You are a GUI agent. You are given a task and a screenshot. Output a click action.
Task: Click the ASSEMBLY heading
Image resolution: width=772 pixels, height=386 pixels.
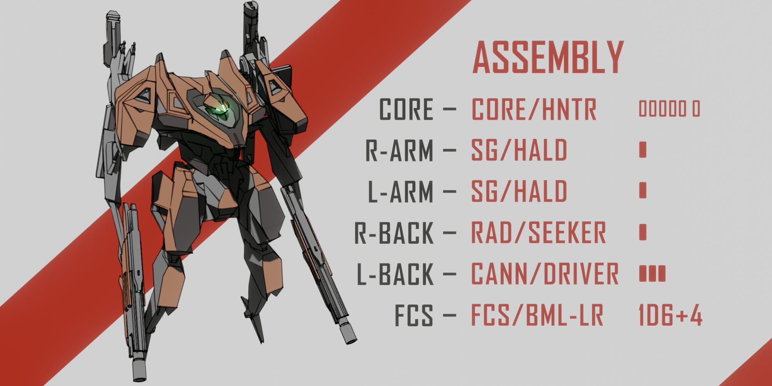(548, 58)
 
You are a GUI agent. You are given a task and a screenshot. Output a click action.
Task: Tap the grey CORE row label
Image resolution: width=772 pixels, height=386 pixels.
(406, 109)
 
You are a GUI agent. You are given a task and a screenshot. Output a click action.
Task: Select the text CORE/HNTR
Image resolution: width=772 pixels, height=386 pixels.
(534, 109)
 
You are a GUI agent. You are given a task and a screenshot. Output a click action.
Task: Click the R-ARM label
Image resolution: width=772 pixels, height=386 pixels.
(399, 151)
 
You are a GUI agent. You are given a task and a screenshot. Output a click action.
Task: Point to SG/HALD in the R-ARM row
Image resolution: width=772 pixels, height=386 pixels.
(519, 151)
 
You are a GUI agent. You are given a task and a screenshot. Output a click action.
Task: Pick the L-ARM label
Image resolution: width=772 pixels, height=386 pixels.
(400, 192)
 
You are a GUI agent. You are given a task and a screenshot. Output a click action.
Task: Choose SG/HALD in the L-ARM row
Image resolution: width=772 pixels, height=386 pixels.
(519, 192)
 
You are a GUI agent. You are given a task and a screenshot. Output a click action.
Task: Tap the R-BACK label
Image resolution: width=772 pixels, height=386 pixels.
(394, 233)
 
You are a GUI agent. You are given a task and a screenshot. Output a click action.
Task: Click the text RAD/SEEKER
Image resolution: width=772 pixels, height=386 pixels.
(538, 233)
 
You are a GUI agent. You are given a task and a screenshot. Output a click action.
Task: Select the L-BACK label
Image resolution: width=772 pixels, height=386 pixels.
(395, 274)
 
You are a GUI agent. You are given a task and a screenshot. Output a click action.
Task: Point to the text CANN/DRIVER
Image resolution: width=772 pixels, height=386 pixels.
(545, 274)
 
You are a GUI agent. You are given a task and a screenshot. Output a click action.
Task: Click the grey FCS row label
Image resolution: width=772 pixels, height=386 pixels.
(413, 316)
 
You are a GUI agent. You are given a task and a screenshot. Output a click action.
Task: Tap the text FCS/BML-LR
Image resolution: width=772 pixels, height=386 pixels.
(537, 316)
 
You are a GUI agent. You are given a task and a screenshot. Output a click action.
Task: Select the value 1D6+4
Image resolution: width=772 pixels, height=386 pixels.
(670, 316)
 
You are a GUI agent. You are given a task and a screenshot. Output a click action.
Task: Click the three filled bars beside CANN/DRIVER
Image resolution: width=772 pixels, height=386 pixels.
(652, 274)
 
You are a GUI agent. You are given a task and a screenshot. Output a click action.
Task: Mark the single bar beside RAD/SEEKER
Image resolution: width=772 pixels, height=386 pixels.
(643, 232)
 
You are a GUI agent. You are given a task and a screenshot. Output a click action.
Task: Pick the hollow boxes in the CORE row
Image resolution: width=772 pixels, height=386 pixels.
(669, 109)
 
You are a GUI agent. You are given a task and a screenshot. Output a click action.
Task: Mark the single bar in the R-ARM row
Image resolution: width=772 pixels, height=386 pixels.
(643, 150)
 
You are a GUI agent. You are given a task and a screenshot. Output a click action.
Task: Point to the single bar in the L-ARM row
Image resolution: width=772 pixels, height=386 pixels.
(643, 190)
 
